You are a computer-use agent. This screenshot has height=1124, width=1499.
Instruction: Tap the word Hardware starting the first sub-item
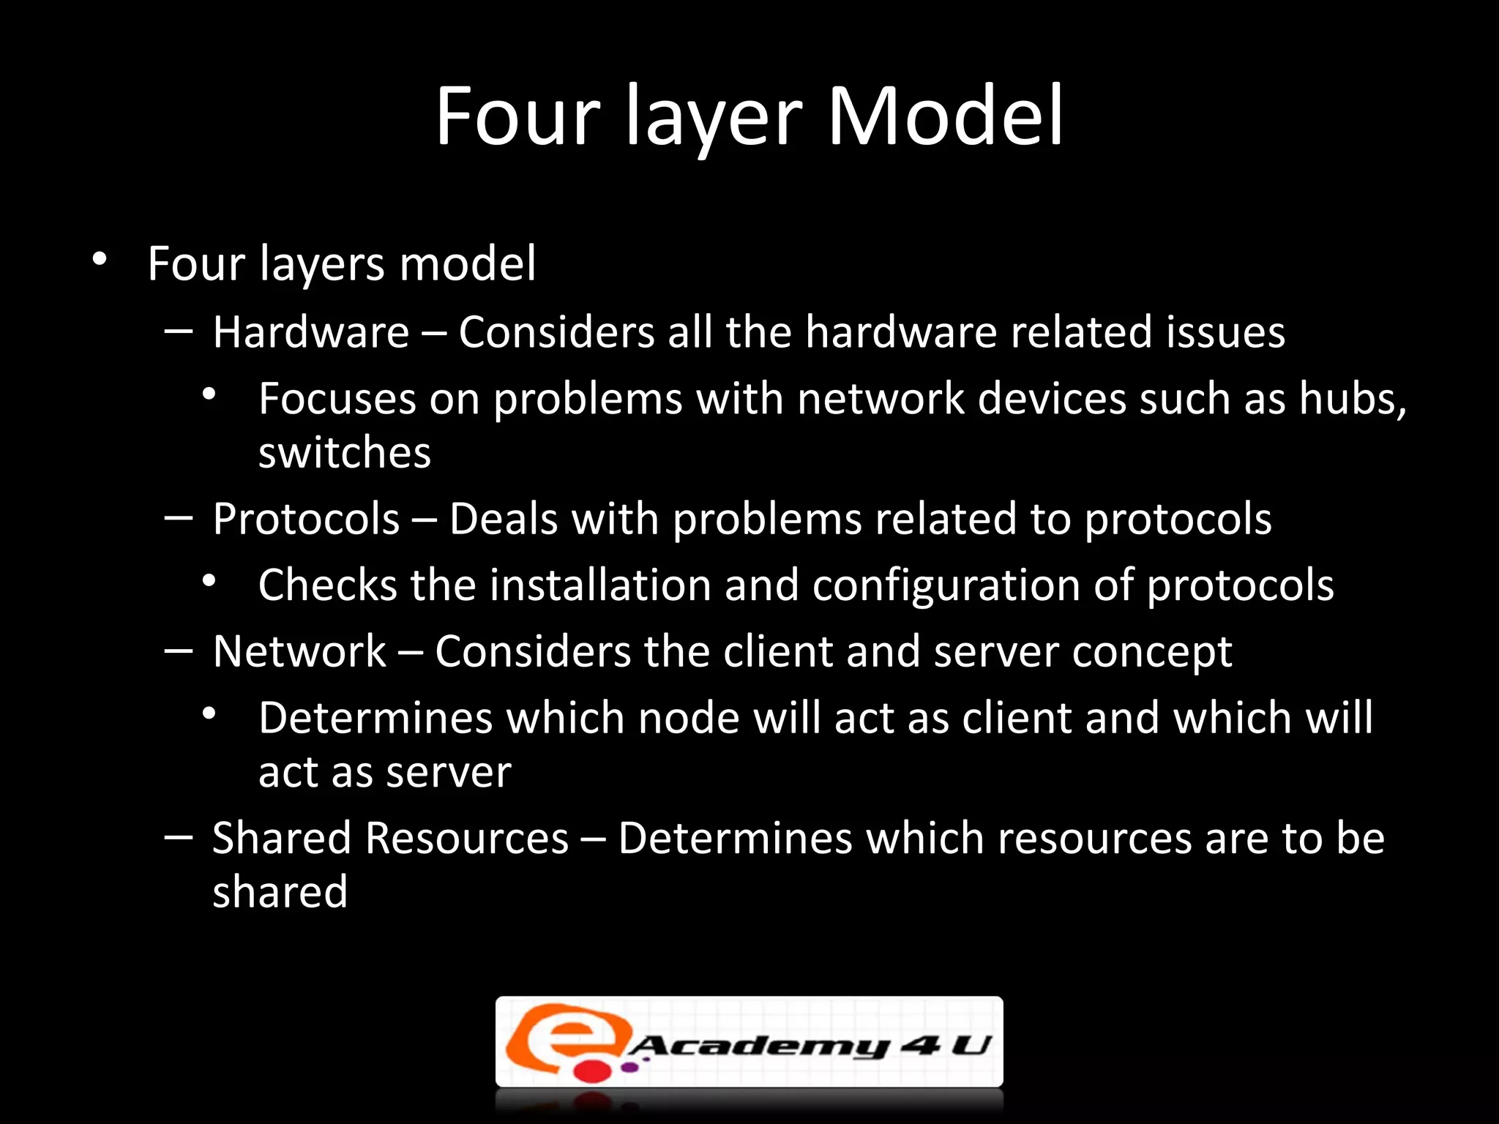310,332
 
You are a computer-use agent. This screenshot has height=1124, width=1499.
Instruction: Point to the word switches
345,453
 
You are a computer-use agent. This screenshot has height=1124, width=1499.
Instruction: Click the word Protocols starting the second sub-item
306,520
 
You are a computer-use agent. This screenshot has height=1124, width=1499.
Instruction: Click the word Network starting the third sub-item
299,651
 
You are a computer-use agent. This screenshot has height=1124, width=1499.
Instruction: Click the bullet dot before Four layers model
100,259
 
